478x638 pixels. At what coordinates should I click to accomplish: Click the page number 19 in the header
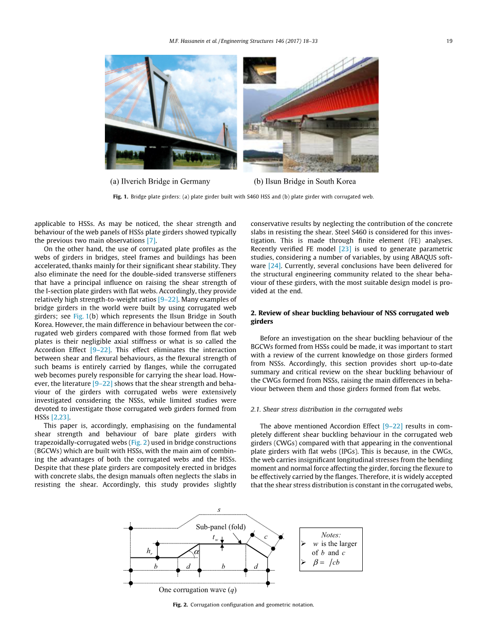450,41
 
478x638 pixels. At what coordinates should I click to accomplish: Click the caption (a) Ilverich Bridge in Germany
160,181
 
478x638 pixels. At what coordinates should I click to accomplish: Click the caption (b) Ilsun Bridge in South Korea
305,181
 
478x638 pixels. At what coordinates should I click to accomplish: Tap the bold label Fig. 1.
121,197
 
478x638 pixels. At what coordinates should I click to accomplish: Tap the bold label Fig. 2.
180,605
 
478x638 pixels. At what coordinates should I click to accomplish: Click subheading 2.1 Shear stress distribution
326,409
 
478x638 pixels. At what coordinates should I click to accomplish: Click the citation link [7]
151,241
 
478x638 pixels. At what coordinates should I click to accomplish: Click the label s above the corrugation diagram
219,510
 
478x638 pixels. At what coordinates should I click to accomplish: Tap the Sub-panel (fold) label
221,527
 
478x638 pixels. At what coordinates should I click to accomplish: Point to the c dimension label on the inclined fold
266,537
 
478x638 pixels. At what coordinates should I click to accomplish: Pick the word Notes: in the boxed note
331,535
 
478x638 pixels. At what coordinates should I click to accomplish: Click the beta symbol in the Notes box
316,563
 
